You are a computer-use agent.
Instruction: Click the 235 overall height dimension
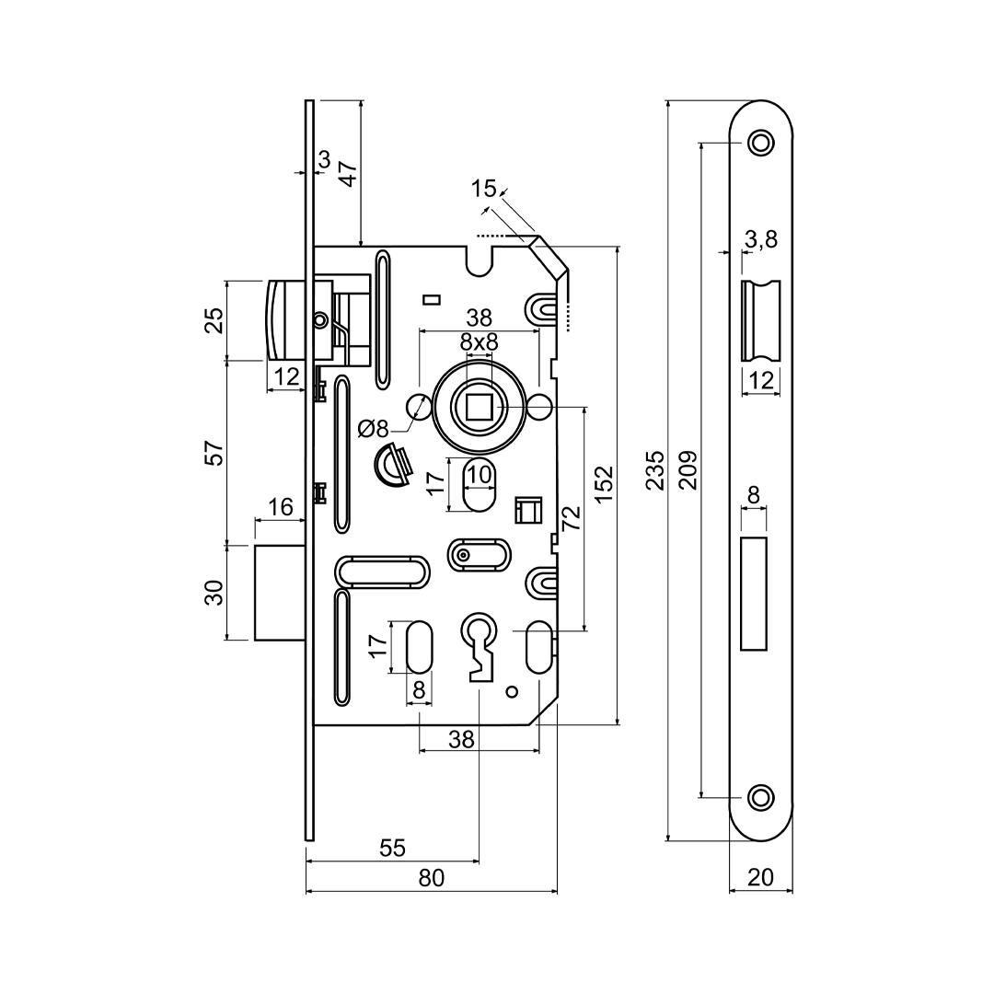[654, 469]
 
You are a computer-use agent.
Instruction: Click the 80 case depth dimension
[431, 878]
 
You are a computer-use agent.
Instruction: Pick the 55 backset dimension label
[392, 849]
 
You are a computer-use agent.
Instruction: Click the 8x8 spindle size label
[479, 342]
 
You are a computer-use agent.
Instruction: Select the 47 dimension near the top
[348, 172]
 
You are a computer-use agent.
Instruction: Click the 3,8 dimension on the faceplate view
[761, 239]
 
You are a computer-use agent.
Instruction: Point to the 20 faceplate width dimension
[760, 878]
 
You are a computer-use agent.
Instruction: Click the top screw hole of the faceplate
[760, 142]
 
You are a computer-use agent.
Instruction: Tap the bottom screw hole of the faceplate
[760, 796]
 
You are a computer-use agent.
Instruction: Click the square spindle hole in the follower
[480, 407]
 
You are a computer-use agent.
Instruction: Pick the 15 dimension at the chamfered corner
[483, 190]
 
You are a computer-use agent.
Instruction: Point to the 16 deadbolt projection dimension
[281, 507]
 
